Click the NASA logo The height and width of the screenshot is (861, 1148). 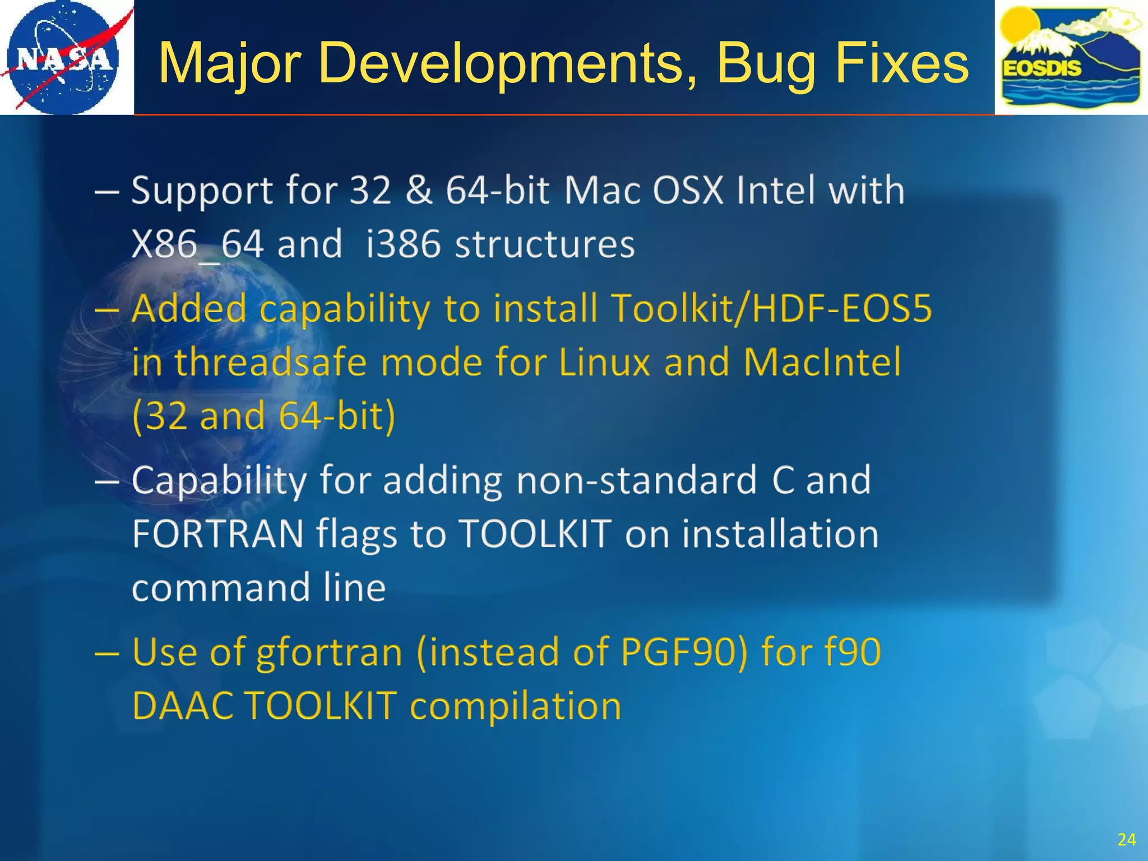coord(63,57)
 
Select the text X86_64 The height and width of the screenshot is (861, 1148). coord(198,244)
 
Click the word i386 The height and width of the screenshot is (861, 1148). coord(403,244)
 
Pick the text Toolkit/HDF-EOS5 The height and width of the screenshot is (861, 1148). coord(771,308)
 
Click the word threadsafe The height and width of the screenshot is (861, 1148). coord(271,362)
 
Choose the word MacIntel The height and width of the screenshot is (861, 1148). coord(822,362)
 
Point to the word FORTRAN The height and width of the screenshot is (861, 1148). coord(218,534)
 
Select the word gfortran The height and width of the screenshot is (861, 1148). coord(329,652)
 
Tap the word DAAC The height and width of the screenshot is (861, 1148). coord(183,705)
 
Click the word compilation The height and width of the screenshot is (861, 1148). coord(516,706)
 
